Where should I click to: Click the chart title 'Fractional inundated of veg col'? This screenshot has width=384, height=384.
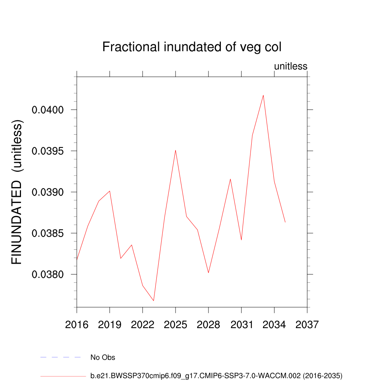[x=192, y=47]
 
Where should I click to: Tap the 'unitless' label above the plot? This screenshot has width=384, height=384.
[x=291, y=66]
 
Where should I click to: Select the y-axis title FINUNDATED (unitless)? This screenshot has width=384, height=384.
[x=17, y=192]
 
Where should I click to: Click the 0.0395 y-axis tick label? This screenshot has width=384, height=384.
[x=49, y=151]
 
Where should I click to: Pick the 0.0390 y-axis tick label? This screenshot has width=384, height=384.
[x=49, y=192]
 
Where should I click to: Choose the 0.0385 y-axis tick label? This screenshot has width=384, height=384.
[x=49, y=233]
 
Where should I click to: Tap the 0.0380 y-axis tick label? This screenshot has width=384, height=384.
[x=49, y=274]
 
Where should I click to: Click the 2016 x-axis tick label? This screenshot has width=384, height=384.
[x=76, y=324]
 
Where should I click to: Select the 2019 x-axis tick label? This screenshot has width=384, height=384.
[x=109, y=324]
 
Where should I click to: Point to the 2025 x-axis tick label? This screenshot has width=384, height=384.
[x=175, y=324]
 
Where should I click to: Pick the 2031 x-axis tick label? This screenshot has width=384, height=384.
[x=241, y=324]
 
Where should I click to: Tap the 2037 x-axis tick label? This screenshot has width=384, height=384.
[x=307, y=324]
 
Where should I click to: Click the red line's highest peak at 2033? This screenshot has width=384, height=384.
[x=263, y=95]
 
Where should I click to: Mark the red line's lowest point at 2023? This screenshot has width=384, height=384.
[x=154, y=300]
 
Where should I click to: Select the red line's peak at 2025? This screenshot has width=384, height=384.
[x=175, y=150]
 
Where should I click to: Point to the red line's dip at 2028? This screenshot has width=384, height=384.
[x=208, y=273]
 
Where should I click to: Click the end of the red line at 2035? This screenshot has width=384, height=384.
[x=285, y=222]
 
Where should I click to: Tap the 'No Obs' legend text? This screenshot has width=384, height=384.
[x=103, y=357]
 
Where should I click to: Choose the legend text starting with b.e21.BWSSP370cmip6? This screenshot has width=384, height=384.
[x=216, y=375]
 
